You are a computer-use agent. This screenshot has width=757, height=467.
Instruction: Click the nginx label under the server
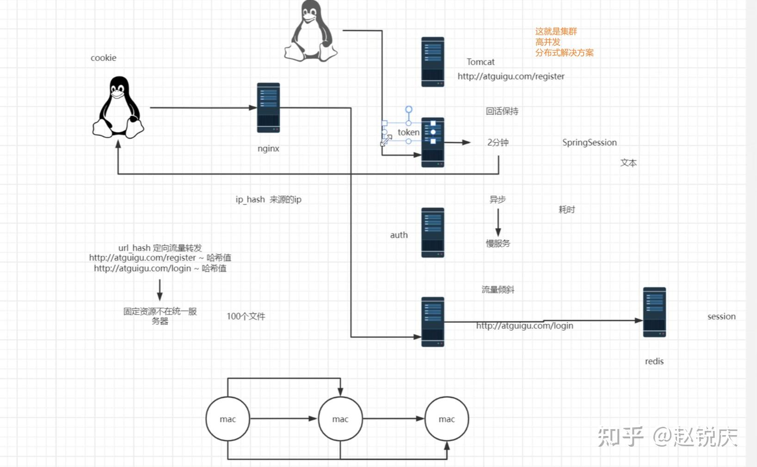pos(268,149)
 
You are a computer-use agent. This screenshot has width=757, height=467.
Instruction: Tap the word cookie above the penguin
pos(104,58)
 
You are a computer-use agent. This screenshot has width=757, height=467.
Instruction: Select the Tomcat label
pos(480,62)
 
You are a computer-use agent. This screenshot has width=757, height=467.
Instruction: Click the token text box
pos(408,132)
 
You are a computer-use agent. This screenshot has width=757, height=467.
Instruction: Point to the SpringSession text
pos(590,142)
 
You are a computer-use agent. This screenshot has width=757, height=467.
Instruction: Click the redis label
pos(654,361)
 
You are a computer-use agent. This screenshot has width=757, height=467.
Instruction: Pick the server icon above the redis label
pos(654,312)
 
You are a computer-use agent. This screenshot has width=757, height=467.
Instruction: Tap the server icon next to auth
pos(432,233)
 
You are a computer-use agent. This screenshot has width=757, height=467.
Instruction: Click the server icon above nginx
pos(268,108)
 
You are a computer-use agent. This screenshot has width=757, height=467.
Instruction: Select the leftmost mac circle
pos(228,418)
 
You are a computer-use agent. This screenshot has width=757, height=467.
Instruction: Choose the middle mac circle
pos(340,418)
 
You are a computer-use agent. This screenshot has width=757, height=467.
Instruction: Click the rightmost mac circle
pos(447,418)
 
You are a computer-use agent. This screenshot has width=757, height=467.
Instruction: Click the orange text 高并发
pos(548,42)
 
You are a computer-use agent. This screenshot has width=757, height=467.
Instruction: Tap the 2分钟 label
pos(498,142)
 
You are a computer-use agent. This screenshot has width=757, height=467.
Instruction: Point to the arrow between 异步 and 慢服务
pos(498,222)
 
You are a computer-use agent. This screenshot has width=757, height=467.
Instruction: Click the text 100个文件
pos(246,316)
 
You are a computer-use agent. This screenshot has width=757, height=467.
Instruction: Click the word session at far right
pos(721,316)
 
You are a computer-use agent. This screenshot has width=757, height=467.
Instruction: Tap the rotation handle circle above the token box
pos(409,109)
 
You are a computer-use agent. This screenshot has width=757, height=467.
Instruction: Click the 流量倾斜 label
pos(498,290)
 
